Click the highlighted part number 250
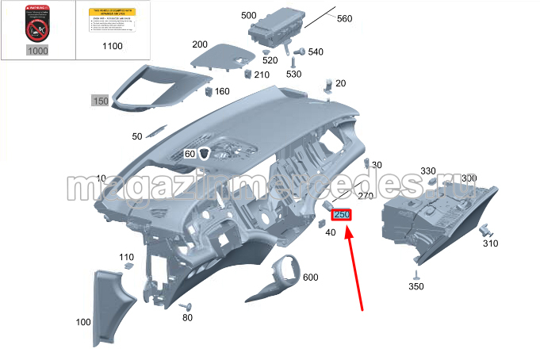(x=343, y=215)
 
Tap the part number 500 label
(x=248, y=16)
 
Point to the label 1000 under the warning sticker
(x=37, y=51)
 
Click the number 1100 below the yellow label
(x=113, y=47)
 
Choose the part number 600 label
(x=310, y=277)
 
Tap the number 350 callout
(x=416, y=286)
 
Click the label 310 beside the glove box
(x=491, y=243)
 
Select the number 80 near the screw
(x=188, y=318)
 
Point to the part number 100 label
(x=82, y=322)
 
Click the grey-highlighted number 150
(x=100, y=101)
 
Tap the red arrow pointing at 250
(x=355, y=270)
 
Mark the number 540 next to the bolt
(x=316, y=52)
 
